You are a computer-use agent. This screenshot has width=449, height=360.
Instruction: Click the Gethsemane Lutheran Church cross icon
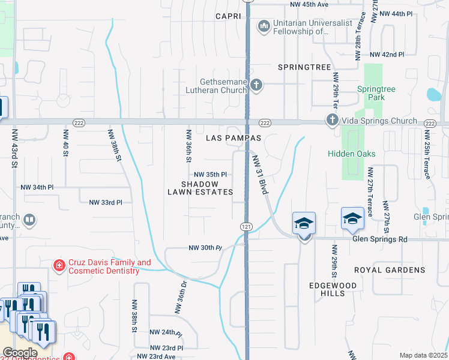click(x=256, y=85)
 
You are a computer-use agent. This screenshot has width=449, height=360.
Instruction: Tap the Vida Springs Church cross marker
click(x=332, y=121)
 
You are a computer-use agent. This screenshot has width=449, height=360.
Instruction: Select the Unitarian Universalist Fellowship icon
click(x=263, y=26)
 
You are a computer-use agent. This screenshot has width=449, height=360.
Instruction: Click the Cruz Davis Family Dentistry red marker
click(x=59, y=265)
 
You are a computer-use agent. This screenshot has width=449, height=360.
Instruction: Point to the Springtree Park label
click(x=376, y=93)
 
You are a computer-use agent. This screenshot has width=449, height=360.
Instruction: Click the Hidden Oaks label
click(x=351, y=154)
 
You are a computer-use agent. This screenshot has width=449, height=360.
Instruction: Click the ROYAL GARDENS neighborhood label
click(x=390, y=270)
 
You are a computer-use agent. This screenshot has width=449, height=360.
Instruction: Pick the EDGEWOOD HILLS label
click(x=327, y=289)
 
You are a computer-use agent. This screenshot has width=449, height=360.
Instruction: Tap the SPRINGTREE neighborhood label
click(x=304, y=67)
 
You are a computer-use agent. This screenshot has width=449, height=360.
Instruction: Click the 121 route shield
click(x=247, y=226)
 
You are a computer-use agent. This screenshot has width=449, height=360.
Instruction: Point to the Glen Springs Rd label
click(x=380, y=239)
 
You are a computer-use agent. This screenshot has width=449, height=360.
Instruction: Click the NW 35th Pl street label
click(x=210, y=175)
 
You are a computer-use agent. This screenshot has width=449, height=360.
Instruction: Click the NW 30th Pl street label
click(x=205, y=248)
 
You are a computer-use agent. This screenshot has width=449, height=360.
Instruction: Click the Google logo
click(x=20, y=353)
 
